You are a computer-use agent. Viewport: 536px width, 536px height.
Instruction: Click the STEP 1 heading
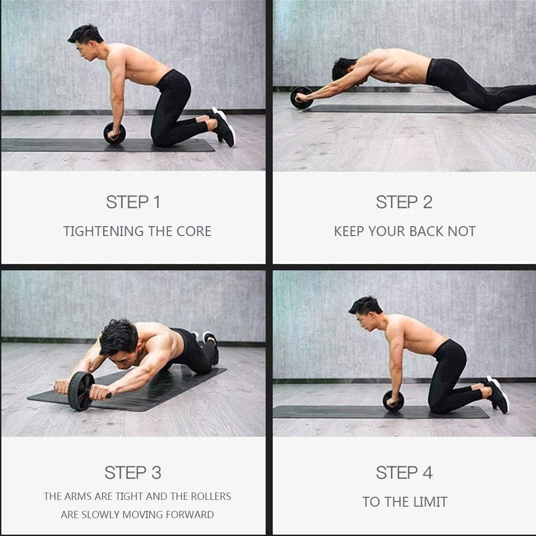[133, 202]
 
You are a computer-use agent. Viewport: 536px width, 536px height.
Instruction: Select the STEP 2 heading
[404, 202]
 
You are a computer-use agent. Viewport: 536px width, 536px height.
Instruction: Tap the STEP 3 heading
[133, 473]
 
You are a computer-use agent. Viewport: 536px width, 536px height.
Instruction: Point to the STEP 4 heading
[404, 473]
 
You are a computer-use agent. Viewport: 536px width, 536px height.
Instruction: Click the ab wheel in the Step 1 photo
[114, 133]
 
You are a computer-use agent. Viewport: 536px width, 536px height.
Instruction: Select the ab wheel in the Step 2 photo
[301, 98]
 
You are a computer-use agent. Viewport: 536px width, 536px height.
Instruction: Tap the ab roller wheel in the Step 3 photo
[81, 390]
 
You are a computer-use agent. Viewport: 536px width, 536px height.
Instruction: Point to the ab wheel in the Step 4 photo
[393, 401]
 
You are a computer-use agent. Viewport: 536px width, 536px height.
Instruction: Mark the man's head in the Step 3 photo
[118, 340]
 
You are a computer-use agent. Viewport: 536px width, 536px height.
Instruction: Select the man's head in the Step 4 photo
[365, 312]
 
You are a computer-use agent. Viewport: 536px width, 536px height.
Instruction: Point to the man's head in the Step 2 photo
[344, 68]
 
